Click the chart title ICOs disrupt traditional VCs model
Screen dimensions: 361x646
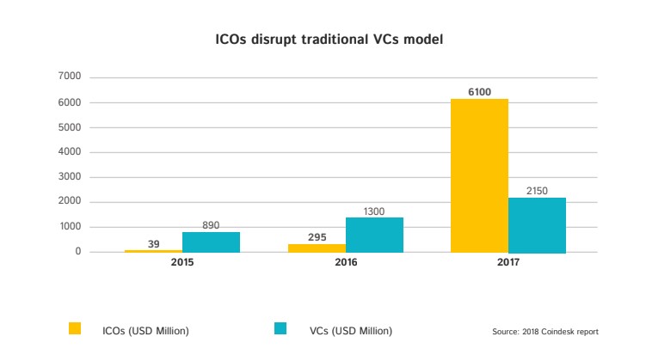pos(323,39)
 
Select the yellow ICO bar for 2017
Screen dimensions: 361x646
pos(479,175)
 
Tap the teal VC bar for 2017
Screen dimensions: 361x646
pos(537,224)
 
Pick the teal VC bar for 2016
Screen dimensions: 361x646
pos(374,235)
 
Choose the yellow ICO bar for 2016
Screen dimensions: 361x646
pos(317,248)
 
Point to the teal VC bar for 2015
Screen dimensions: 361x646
pos(211,242)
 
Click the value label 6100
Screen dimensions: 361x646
pos(480,90)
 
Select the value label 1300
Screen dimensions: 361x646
pos(373,209)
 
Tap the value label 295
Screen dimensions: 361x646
pos(317,236)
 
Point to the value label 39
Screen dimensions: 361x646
pos(154,244)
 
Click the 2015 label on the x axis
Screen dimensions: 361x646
pos(182,261)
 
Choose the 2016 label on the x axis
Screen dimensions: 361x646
pos(345,261)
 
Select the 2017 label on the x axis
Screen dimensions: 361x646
pos(508,261)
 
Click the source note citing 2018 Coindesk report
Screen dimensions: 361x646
pos(545,331)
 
